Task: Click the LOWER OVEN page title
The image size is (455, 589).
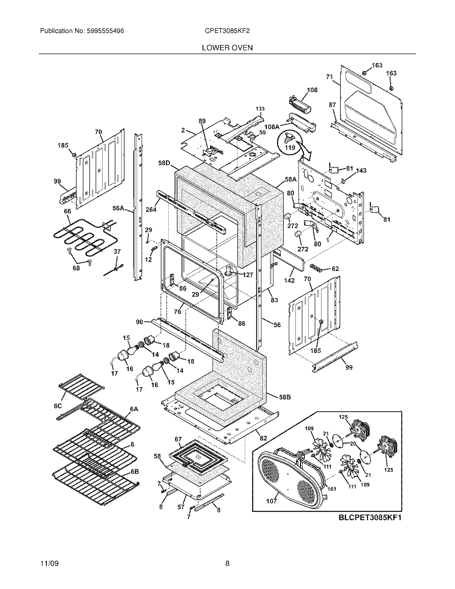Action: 227,48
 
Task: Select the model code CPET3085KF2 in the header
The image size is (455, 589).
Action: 227,31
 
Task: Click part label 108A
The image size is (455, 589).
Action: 272,126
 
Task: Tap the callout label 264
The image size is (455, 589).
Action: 151,209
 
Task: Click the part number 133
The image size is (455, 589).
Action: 260,109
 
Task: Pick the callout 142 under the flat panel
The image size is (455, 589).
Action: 289,281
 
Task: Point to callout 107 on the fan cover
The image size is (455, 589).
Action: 271,501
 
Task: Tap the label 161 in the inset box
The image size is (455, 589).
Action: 332,489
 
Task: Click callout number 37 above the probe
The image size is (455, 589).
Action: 117,252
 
